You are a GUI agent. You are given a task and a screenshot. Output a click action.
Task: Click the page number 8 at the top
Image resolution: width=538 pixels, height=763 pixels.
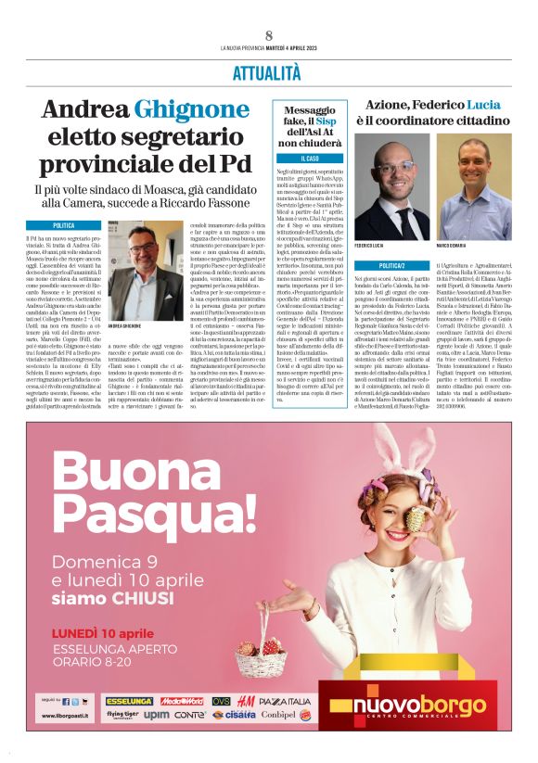(x=268, y=36)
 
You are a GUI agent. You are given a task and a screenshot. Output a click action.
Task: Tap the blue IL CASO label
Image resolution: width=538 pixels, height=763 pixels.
(x=311, y=159)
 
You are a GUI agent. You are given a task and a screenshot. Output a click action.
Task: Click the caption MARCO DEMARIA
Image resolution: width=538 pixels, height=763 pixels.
(x=451, y=246)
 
